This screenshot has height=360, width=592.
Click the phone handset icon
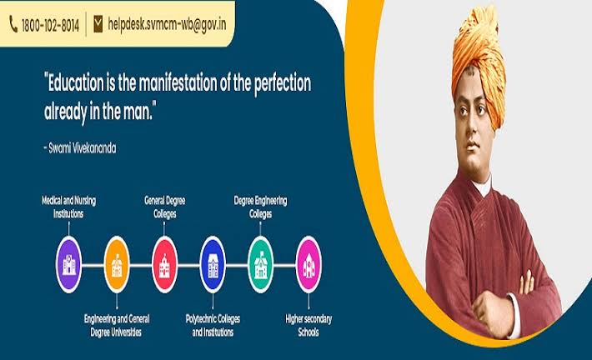[x=13, y=24]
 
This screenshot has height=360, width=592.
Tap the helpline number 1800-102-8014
[x=51, y=26]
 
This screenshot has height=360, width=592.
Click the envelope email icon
[x=98, y=24]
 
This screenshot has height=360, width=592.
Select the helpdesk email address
[x=167, y=24]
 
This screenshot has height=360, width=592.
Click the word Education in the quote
[x=73, y=82]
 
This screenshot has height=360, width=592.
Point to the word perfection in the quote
[x=283, y=84]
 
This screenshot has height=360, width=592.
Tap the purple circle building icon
[x=68, y=264]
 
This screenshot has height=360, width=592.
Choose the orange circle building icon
[x=117, y=264]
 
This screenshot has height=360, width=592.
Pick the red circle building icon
[x=164, y=264]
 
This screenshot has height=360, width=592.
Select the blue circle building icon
[x=213, y=264]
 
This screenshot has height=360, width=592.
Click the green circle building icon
[x=260, y=264]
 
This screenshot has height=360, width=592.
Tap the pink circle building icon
[x=309, y=264]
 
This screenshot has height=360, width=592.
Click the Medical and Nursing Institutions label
[x=68, y=207]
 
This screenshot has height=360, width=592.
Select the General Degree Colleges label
[x=164, y=207]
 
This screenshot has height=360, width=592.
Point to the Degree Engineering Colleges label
[x=260, y=207]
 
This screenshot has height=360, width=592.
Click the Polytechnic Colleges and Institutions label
[x=213, y=325]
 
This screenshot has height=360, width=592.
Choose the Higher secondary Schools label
[x=309, y=325]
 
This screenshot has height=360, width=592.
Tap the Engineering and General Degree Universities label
[x=117, y=325]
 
